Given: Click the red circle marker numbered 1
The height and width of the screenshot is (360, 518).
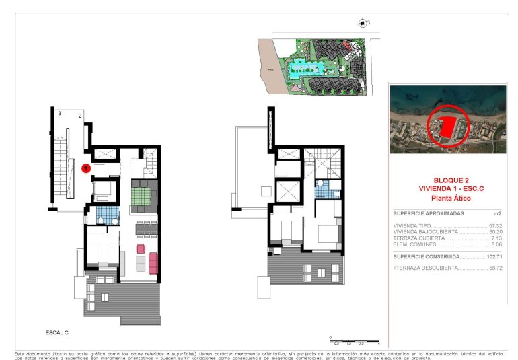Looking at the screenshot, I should [x=86, y=168].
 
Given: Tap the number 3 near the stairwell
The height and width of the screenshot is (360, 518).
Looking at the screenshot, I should [x=59, y=114].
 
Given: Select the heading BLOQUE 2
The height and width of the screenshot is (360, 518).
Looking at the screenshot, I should [x=447, y=181].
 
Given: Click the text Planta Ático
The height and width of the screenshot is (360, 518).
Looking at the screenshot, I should [x=447, y=199].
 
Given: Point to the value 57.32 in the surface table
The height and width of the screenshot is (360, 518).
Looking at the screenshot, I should [x=496, y=226].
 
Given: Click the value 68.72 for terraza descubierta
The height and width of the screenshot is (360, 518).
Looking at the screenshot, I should [x=496, y=268].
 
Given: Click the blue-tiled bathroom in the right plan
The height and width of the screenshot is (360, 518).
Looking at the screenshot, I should [x=324, y=190].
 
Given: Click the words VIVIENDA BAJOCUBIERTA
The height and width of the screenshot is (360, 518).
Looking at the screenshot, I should [x=420, y=232].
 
